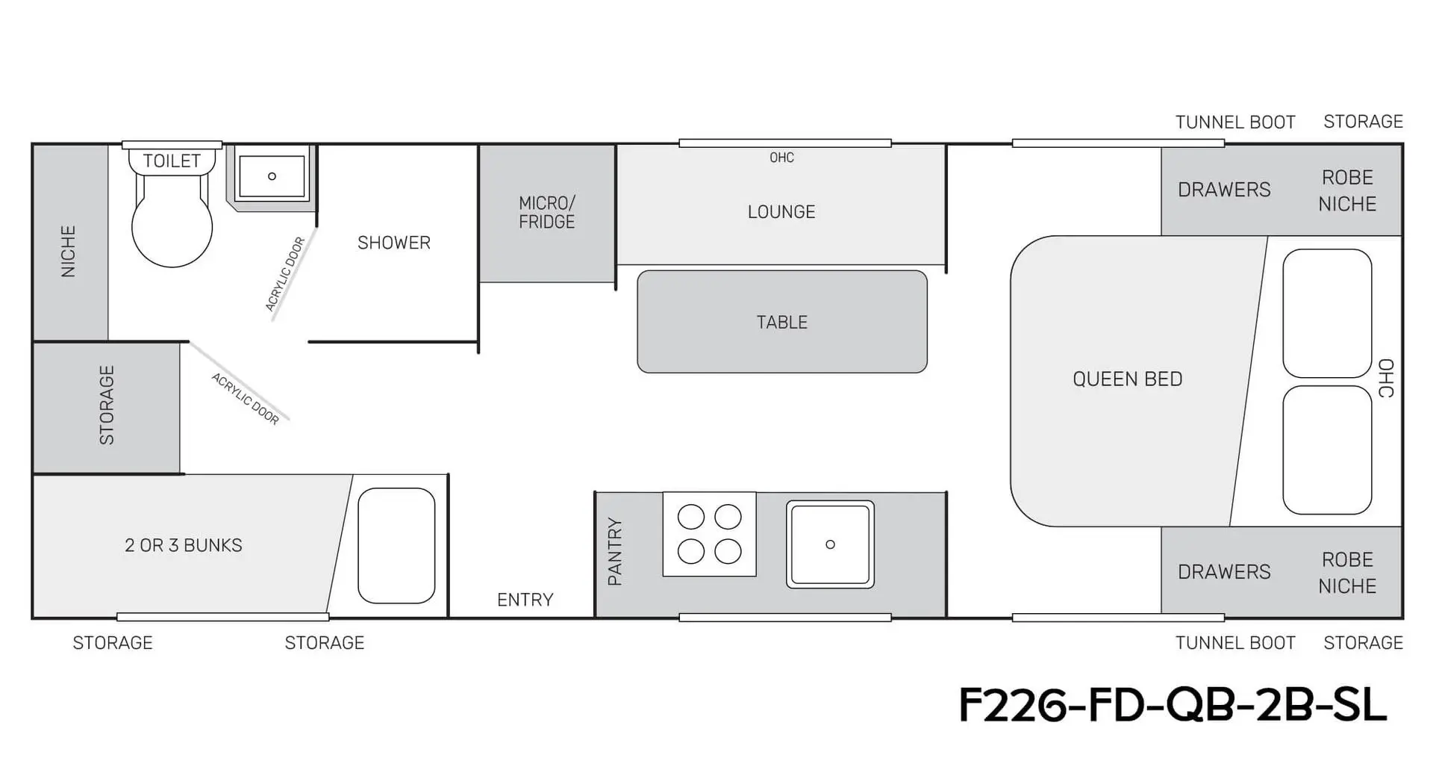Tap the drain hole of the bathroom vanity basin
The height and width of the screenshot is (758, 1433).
click(x=272, y=176)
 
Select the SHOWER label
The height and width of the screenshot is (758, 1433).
click(x=394, y=243)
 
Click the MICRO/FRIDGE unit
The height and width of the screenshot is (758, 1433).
click(x=547, y=213)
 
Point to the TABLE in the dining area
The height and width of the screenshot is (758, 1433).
click(x=782, y=322)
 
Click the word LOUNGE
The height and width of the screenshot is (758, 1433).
click(x=781, y=212)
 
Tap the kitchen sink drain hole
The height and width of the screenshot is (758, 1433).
click(x=830, y=544)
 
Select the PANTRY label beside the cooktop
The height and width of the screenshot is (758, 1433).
click(x=615, y=551)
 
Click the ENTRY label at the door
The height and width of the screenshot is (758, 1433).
click(x=525, y=600)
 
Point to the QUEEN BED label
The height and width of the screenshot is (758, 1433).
click(x=1128, y=379)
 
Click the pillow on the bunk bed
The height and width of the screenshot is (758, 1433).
click(x=396, y=545)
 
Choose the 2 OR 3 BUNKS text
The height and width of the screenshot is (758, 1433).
click(x=184, y=545)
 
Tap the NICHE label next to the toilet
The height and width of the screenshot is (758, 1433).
click(x=69, y=252)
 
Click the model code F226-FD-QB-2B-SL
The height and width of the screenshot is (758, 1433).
click(x=1173, y=705)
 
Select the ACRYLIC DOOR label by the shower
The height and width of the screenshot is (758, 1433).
click(x=285, y=274)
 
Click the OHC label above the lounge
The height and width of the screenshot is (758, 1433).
click(x=782, y=158)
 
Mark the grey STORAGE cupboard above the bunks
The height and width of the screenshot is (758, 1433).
click(x=107, y=407)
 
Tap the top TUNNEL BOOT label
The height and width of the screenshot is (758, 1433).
click(x=1235, y=122)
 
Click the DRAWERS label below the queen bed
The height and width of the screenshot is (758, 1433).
click(x=1224, y=572)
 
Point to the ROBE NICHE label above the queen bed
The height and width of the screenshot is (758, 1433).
click(x=1347, y=190)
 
